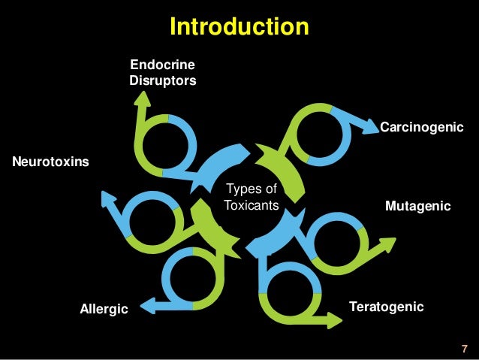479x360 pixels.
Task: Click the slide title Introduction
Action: (x=239, y=27)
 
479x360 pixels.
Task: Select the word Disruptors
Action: (x=162, y=80)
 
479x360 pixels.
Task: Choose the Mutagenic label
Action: (x=417, y=205)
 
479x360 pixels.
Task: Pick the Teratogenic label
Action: (x=387, y=307)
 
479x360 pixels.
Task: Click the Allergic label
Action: (x=104, y=309)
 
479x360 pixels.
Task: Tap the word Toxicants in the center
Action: (x=252, y=204)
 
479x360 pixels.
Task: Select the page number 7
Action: (x=464, y=349)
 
